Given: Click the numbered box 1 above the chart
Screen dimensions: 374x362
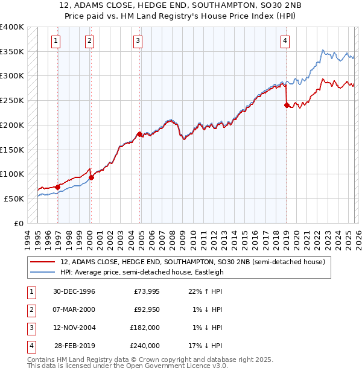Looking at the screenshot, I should pyautogui.click(x=56, y=41).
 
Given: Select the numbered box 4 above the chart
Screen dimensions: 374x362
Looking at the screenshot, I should pyautogui.click(x=284, y=41).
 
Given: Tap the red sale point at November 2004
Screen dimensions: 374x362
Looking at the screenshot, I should pyautogui.click(x=139, y=134).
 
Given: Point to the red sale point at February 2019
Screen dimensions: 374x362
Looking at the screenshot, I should pyautogui.click(x=286, y=105).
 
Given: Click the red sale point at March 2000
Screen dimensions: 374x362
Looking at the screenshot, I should pyautogui.click(x=91, y=177).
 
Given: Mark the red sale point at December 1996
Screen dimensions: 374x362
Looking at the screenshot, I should pyautogui.click(x=58, y=187).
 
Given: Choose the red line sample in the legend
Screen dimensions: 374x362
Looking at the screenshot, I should pyautogui.click(x=42, y=262).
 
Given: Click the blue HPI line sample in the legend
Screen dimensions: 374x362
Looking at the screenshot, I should pyautogui.click(x=42, y=272).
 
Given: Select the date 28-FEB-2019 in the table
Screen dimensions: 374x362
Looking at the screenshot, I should pyautogui.click(x=75, y=346).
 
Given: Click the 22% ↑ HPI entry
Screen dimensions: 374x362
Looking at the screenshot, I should pyautogui.click(x=206, y=291).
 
